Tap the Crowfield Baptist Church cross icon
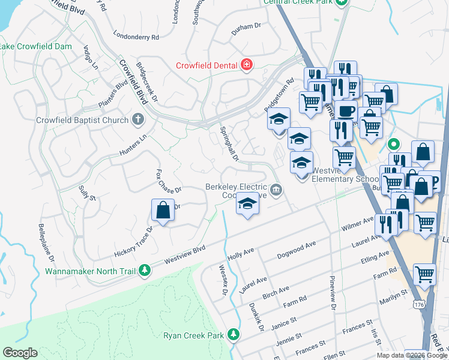(x=137, y=120)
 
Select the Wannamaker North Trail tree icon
(x=144, y=271)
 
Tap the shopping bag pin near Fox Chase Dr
(x=163, y=211)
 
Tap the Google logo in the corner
(x=20, y=353)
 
